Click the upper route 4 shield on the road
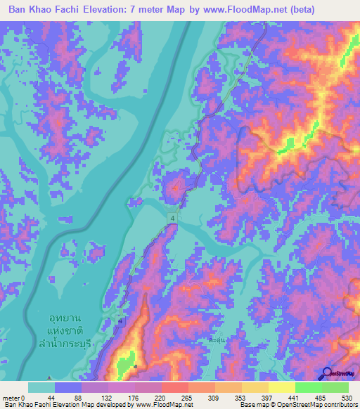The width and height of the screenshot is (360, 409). point(172,220)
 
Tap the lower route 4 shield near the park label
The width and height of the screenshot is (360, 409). point(120,321)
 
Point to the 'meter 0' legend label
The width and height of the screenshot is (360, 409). point(13,398)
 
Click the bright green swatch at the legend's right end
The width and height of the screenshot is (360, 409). point(335,387)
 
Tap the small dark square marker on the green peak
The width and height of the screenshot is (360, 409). point(136,365)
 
